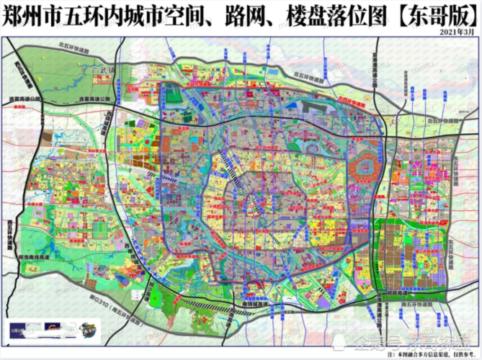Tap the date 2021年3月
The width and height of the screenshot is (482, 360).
click(x=458, y=32)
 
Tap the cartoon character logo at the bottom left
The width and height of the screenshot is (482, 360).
click(x=87, y=330)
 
